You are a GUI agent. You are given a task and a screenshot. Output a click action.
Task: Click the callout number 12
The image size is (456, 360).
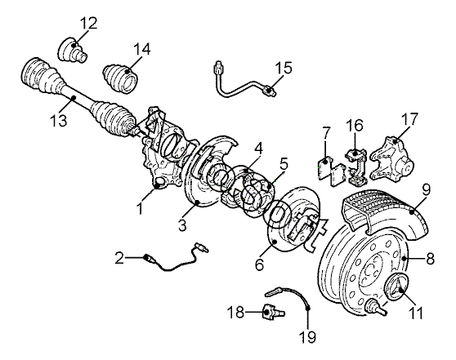click(x=88, y=23)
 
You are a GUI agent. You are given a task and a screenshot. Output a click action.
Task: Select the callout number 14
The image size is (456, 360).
click(x=141, y=49)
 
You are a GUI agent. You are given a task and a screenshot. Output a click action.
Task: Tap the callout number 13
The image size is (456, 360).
click(x=58, y=119)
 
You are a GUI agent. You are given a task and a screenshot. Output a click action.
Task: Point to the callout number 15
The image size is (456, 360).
click(x=284, y=68)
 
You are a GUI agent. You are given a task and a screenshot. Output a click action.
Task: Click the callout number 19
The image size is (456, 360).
click(x=307, y=337)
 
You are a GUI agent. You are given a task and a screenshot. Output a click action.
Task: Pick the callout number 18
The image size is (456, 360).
click(x=235, y=313)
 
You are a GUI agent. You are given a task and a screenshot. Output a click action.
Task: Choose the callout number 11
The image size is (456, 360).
click(x=416, y=313)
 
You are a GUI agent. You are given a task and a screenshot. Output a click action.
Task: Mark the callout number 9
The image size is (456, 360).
click(x=426, y=189)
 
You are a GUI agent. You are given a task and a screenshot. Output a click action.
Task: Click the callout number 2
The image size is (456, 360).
click(x=119, y=258)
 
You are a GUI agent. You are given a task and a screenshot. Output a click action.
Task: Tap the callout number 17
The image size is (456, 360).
click(x=409, y=118)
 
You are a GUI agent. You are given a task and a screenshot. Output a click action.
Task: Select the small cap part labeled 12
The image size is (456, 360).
click(x=73, y=50)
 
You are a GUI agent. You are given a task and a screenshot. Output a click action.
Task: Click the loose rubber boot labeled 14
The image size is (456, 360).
click(x=121, y=78)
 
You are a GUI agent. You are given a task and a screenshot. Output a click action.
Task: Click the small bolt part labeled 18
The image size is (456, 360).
click(x=274, y=313)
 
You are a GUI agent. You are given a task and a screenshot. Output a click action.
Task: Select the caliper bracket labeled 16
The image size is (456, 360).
click(x=356, y=167)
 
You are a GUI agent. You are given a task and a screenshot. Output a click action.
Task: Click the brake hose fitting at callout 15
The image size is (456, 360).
click(x=270, y=91)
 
